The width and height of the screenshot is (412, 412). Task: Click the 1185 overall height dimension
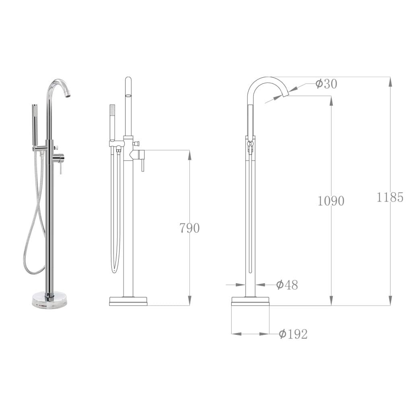point(390,197)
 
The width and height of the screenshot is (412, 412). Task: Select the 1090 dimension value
point(331,201)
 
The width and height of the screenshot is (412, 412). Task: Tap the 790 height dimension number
point(189,228)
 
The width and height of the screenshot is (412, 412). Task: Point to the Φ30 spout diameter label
point(326,84)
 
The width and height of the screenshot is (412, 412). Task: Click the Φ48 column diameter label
point(287,285)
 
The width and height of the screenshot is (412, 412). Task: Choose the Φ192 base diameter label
point(293,334)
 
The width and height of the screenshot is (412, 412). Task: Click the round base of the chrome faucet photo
point(49,300)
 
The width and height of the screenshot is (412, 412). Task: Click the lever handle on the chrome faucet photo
point(60,165)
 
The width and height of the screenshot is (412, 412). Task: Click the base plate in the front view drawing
point(128,301)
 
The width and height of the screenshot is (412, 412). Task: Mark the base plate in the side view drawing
point(250,301)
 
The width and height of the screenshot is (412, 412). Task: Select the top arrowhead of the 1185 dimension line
point(390,81)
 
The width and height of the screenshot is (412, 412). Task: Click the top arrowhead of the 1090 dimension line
point(331,100)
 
